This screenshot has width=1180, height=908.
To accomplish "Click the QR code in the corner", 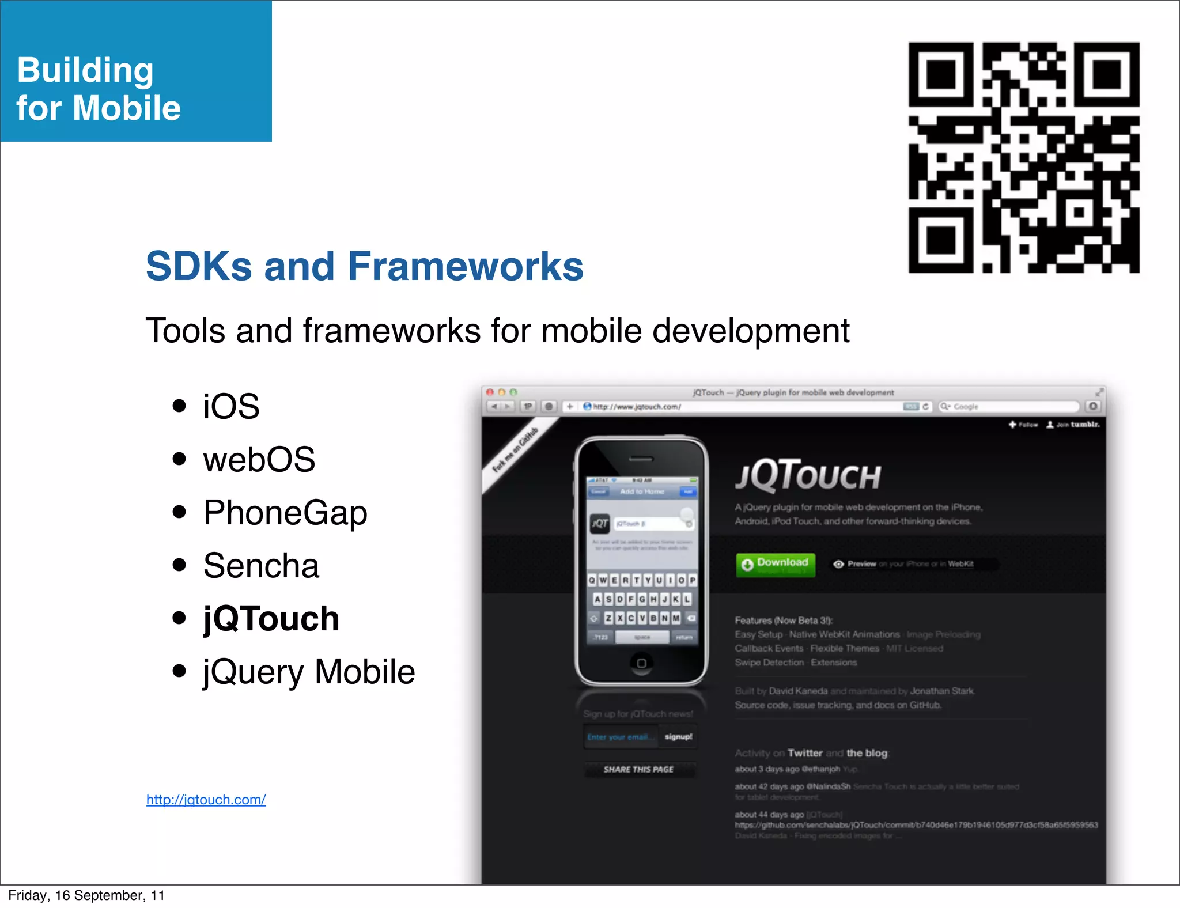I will pos(1024,157).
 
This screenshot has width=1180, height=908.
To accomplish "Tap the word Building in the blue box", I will pos(85,70).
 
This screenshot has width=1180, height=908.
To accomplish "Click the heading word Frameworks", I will pos(465,266).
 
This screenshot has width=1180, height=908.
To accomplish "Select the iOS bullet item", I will pos(231,406).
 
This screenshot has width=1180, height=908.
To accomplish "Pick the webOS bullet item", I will pos(259,460).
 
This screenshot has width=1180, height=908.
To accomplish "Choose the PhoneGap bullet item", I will pos(285,513).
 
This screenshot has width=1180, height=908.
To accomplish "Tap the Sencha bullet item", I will pos(261,566).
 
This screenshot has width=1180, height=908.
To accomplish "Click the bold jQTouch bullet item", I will pos(271,619).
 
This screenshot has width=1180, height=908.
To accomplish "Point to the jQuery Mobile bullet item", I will pos(309,672).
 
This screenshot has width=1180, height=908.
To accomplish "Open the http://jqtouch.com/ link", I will pos(206,800).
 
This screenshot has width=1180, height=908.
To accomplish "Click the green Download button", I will pos(776,564).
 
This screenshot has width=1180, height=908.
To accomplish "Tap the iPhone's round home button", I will pos(641,663).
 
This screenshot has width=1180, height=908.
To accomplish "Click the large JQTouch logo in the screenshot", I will pos(808,475).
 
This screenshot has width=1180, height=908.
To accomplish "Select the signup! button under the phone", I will pos(678,737).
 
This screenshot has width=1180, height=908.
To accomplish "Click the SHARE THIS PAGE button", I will pos(638,769).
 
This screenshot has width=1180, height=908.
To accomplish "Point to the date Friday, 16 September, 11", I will pos(86,895).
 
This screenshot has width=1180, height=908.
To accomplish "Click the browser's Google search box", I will pos(1008,407).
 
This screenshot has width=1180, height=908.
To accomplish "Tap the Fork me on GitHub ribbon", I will pos(515,450).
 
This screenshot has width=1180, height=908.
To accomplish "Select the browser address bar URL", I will pos(637,407).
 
